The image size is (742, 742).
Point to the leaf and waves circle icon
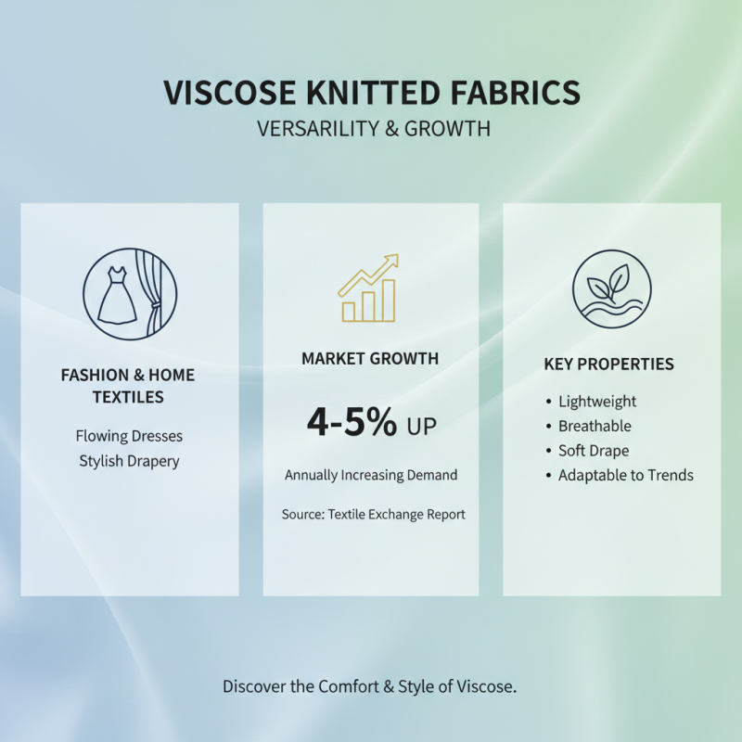tap(611, 289)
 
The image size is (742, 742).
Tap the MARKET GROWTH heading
tap(370, 359)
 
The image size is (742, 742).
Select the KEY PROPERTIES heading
tap(608, 365)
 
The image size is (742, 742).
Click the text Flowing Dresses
tap(129, 435)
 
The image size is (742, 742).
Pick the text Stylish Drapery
tap(129, 460)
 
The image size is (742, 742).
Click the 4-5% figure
tap(352, 422)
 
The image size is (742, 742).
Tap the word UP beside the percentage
tap(420, 426)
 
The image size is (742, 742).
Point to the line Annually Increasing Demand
tap(371, 475)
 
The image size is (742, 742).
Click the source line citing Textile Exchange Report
tap(373, 514)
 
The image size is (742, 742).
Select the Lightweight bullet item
tap(596, 402)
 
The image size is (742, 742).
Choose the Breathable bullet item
tap(594, 427)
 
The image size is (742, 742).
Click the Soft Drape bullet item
tap(593, 451)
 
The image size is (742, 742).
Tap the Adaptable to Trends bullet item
tap(625, 476)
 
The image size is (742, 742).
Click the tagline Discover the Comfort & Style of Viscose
tap(369, 687)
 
